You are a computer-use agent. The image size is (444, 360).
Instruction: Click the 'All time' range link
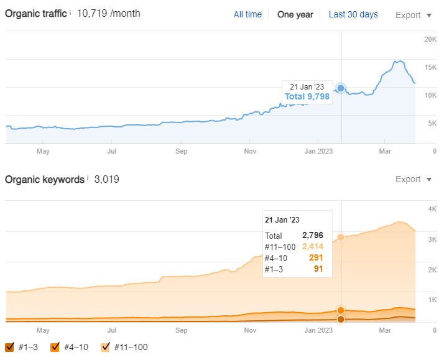(x=247, y=14)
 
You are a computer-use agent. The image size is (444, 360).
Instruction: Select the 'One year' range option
(x=295, y=14)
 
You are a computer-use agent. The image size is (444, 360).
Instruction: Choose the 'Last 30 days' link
(x=353, y=14)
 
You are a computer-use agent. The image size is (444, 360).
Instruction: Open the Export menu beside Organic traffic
(x=414, y=15)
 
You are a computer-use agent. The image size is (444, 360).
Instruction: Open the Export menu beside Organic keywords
(x=414, y=179)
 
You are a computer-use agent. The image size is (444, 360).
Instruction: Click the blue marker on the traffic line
(x=341, y=88)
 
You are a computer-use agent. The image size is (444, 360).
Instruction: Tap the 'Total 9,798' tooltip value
(x=307, y=96)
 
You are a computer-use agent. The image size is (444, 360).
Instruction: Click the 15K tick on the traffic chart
(x=430, y=67)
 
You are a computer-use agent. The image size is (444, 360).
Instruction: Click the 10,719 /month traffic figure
(x=109, y=13)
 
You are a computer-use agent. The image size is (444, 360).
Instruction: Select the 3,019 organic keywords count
(x=106, y=179)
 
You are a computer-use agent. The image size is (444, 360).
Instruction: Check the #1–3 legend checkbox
(x=9, y=347)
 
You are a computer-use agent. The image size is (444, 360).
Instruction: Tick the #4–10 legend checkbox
(x=55, y=347)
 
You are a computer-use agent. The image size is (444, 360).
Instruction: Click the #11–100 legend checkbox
(x=105, y=347)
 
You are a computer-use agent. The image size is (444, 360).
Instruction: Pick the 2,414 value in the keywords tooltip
(x=313, y=247)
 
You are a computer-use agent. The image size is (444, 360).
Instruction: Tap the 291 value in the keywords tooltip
(x=315, y=257)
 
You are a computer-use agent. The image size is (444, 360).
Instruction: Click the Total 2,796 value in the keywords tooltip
(x=313, y=236)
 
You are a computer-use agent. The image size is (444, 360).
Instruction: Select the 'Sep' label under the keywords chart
(x=181, y=330)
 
